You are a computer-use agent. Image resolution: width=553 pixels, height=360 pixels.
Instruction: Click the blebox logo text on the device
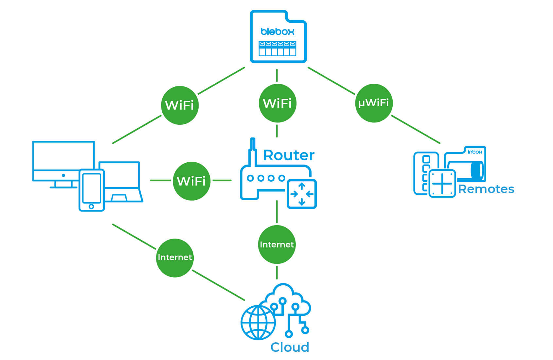click(x=277, y=32)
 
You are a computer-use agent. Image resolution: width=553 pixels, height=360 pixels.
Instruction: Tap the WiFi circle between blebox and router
click(x=277, y=103)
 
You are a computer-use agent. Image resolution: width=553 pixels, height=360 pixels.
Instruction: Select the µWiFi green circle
click(x=374, y=103)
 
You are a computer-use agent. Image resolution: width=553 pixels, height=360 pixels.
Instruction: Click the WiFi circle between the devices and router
click(x=191, y=181)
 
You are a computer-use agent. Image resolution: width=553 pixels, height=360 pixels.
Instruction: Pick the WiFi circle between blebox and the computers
click(x=180, y=105)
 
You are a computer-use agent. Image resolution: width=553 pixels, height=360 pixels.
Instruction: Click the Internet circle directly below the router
click(x=277, y=244)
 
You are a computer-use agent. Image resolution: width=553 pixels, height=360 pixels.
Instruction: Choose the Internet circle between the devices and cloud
click(x=175, y=258)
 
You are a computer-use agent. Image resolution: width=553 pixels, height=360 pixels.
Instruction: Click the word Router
click(x=289, y=155)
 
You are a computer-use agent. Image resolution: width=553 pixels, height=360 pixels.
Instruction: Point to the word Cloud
click(x=290, y=347)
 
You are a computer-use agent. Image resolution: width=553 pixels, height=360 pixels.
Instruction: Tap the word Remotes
click(x=486, y=189)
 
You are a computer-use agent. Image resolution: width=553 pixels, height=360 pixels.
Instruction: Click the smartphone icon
click(x=92, y=190)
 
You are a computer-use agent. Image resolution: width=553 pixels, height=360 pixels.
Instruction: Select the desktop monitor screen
click(x=63, y=156)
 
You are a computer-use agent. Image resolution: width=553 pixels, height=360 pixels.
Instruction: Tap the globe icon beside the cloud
click(x=258, y=322)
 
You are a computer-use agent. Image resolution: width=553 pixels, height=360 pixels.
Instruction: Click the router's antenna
click(x=252, y=151)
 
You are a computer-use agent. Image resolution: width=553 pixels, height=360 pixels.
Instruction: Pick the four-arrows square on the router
click(x=302, y=194)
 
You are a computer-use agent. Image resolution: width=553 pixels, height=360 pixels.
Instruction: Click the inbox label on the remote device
click(x=475, y=152)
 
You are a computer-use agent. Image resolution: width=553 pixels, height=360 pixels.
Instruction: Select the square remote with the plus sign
click(x=442, y=183)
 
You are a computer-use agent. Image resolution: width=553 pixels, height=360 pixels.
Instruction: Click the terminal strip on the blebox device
click(x=277, y=48)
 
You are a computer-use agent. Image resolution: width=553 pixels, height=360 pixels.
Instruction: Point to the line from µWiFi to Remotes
click(x=416, y=129)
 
